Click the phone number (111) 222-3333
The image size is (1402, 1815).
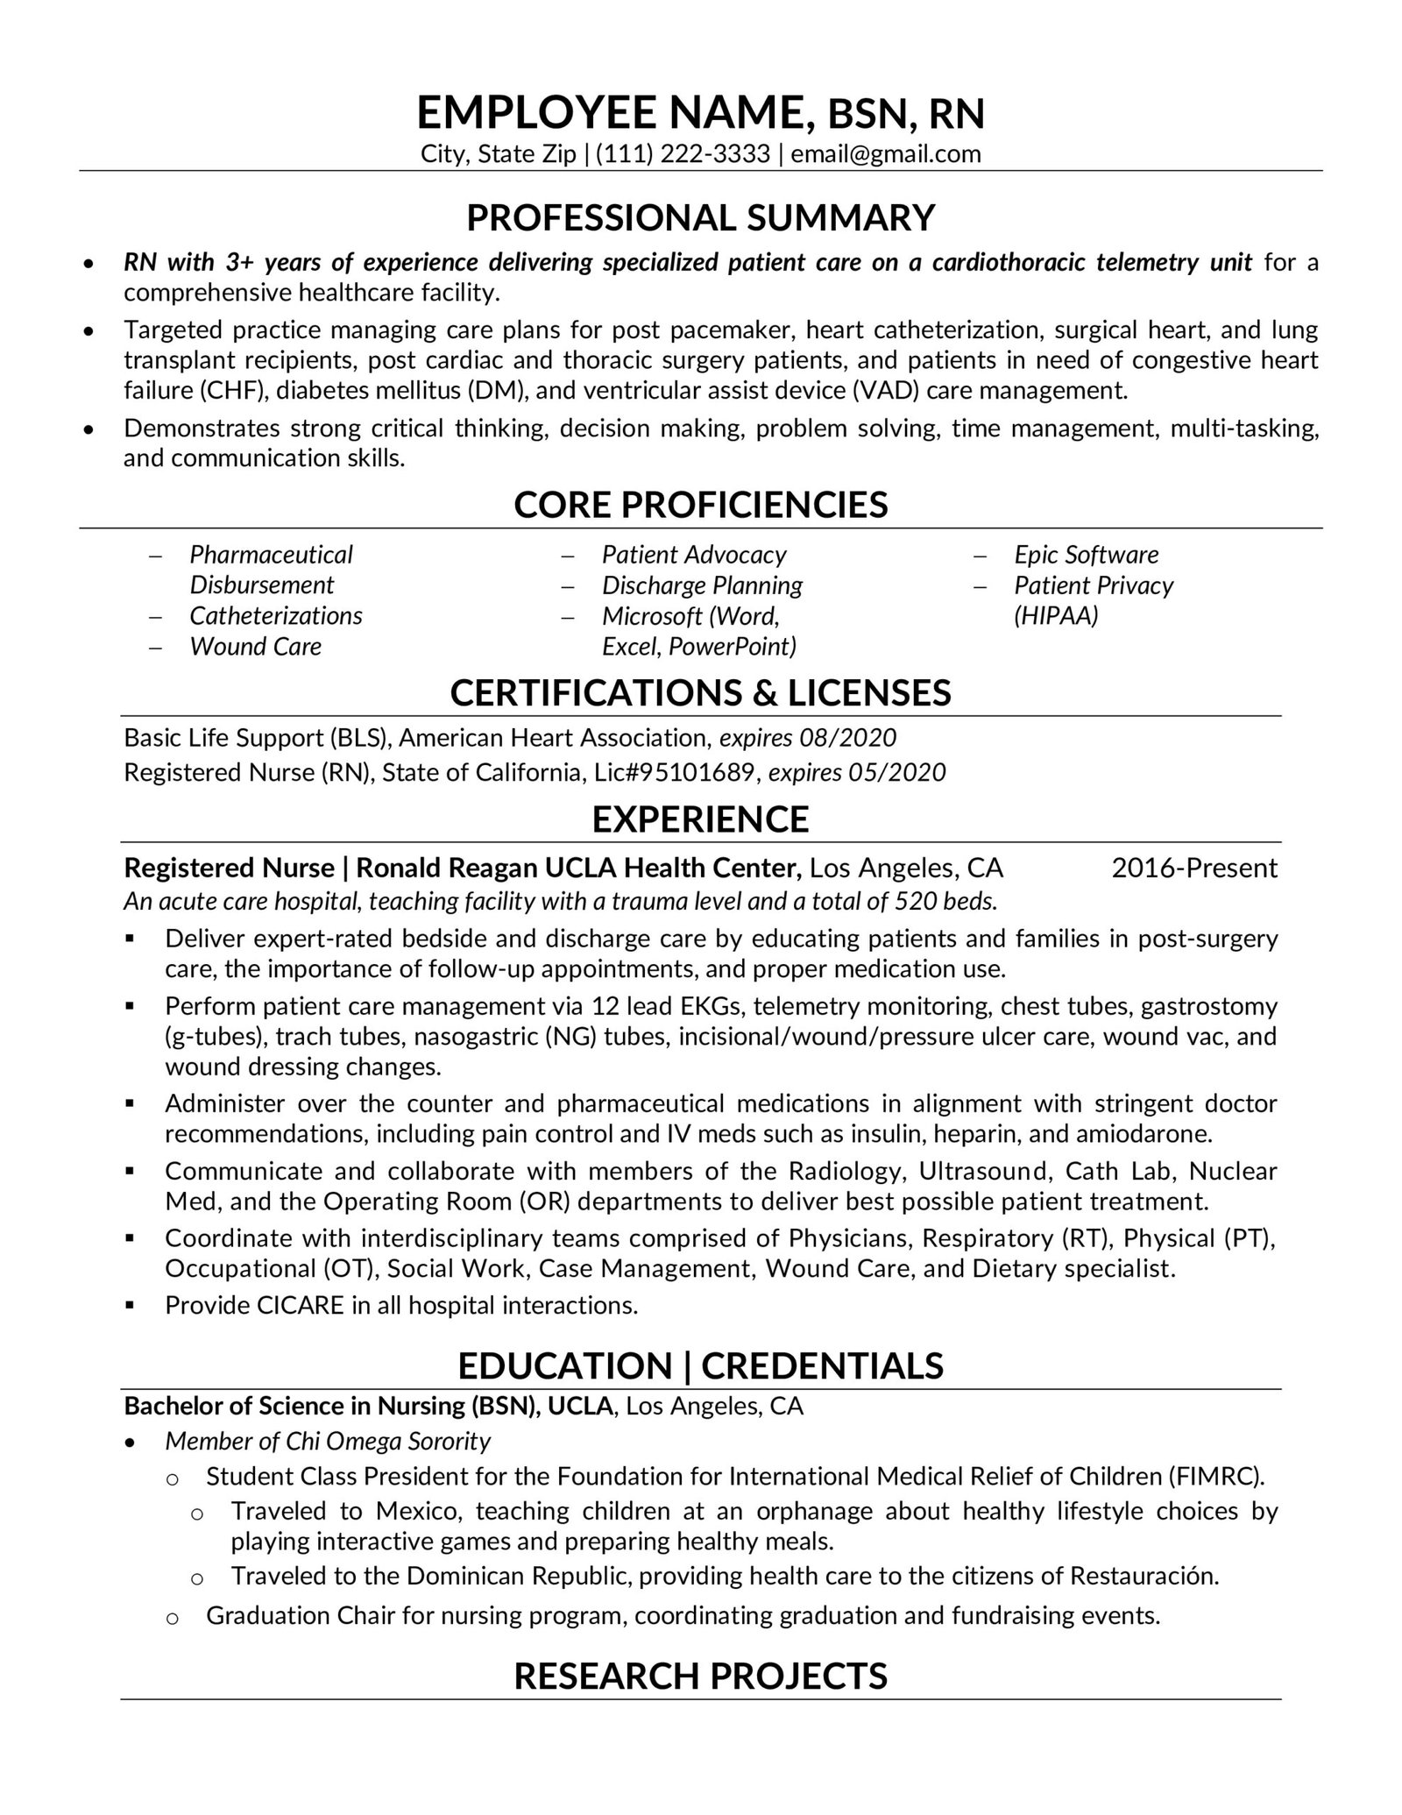point(683,154)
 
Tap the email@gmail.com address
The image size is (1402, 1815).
point(885,154)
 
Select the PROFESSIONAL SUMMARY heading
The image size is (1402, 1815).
point(700,217)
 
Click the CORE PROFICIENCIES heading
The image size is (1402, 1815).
point(700,505)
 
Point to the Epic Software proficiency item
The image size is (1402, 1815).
point(1086,555)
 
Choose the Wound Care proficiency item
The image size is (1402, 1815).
point(255,647)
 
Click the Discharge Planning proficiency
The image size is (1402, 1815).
point(702,585)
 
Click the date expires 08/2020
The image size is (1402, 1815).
point(807,738)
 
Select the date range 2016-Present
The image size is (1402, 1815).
point(1194,869)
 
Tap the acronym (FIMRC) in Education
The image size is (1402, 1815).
point(1216,1477)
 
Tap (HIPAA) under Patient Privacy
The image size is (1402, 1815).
point(1055,616)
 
